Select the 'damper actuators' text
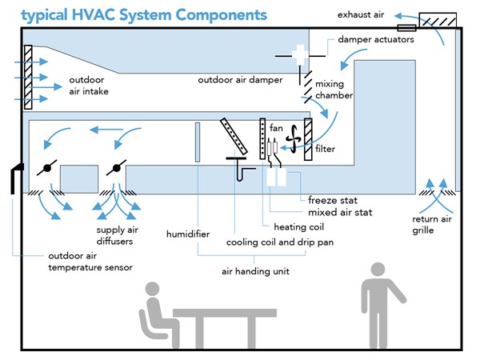pyautogui.click(x=376, y=39)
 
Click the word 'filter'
pyautogui.click(x=325, y=149)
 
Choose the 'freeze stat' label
pyautogui.click(x=334, y=199)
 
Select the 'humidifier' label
pyautogui.click(x=188, y=234)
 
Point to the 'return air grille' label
pyautogui.click(x=434, y=224)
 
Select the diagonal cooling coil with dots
pyautogui.click(x=234, y=135)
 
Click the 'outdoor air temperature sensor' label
pyautogui.click(x=88, y=262)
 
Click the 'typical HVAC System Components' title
pyautogui.click(x=133, y=14)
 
